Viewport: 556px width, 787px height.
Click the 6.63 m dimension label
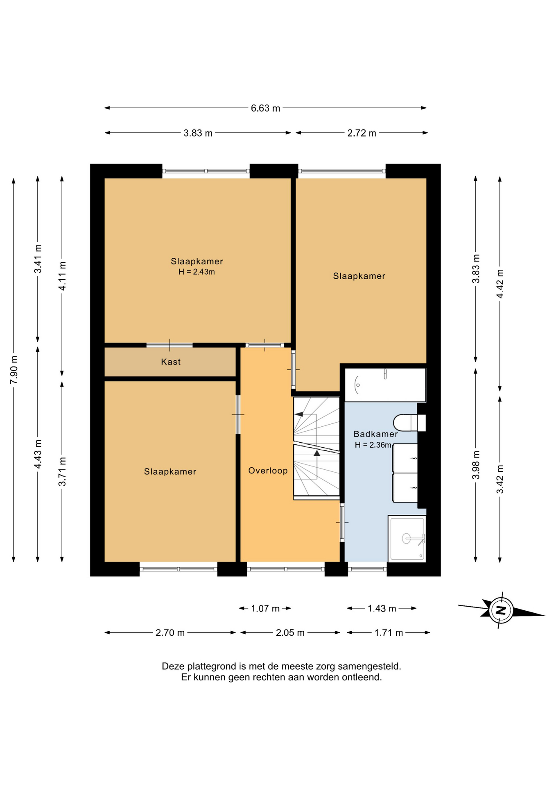(x=265, y=108)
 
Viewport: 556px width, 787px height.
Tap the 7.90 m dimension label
(x=14, y=370)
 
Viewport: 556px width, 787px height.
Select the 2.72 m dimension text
(x=362, y=133)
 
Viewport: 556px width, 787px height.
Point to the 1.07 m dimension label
(x=265, y=608)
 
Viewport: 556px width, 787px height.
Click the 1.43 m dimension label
(x=382, y=608)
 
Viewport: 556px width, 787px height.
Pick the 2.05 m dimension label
(x=290, y=632)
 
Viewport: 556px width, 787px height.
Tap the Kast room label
(x=171, y=362)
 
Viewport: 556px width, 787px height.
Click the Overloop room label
(x=268, y=471)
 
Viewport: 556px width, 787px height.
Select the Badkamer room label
(x=375, y=434)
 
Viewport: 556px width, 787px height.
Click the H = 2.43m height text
(x=197, y=272)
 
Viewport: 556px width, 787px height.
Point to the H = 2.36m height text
(x=373, y=445)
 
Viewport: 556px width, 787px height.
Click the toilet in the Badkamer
(x=409, y=423)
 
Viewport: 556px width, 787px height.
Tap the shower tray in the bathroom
(x=407, y=539)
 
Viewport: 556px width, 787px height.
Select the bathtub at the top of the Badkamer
(x=385, y=385)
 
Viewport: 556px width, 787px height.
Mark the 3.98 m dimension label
(x=476, y=465)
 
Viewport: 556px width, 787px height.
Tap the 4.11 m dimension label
(x=62, y=276)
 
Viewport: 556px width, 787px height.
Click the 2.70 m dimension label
(x=170, y=632)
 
